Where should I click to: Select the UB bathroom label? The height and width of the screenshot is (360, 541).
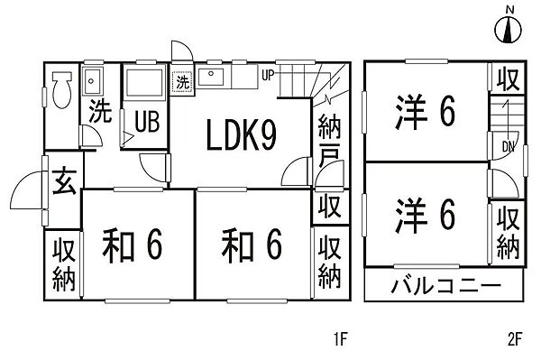point(145,120)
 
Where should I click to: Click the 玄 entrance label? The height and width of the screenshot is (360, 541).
point(62,183)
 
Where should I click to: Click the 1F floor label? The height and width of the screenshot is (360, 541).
point(339,340)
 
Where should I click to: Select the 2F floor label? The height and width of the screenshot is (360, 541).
point(515,340)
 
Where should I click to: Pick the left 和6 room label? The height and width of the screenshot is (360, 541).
point(131,243)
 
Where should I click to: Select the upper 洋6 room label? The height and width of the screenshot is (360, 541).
point(425,113)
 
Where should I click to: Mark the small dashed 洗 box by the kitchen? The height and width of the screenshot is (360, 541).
point(184,81)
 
